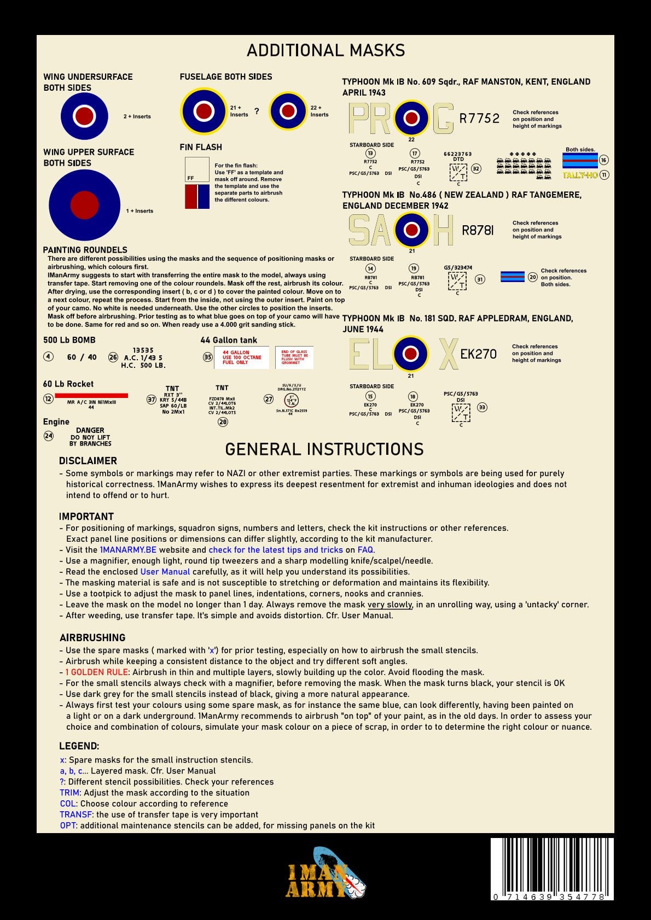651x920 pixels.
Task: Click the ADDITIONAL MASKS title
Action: [x=326, y=50]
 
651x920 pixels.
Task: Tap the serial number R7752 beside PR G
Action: [x=479, y=118]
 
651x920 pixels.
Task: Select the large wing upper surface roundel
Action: [x=84, y=205]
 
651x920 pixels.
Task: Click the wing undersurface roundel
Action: [x=84, y=116]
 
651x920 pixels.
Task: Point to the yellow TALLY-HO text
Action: [x=580, y=175]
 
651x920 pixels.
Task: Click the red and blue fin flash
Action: [x=197, y=196]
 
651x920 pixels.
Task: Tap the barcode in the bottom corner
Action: [x=551, y=868]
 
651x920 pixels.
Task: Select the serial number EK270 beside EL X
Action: [x=478, y=354]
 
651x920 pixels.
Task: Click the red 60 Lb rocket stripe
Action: [x=91, y=395]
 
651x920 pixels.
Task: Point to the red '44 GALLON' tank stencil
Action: [x=241, y=358]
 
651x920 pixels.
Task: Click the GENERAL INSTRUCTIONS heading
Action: [x=324, y=449]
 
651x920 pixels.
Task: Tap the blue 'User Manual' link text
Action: [x=165, y=572]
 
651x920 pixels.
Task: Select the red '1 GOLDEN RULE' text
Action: [x=96, y=672]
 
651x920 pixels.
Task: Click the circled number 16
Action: [x=603, y=160]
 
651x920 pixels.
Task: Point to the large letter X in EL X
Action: [x=448, y=354]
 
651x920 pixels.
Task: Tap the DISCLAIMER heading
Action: [x=88, y=461]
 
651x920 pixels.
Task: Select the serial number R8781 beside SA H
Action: [x=478, y=231]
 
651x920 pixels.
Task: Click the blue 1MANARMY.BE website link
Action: [x=128, y=550]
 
